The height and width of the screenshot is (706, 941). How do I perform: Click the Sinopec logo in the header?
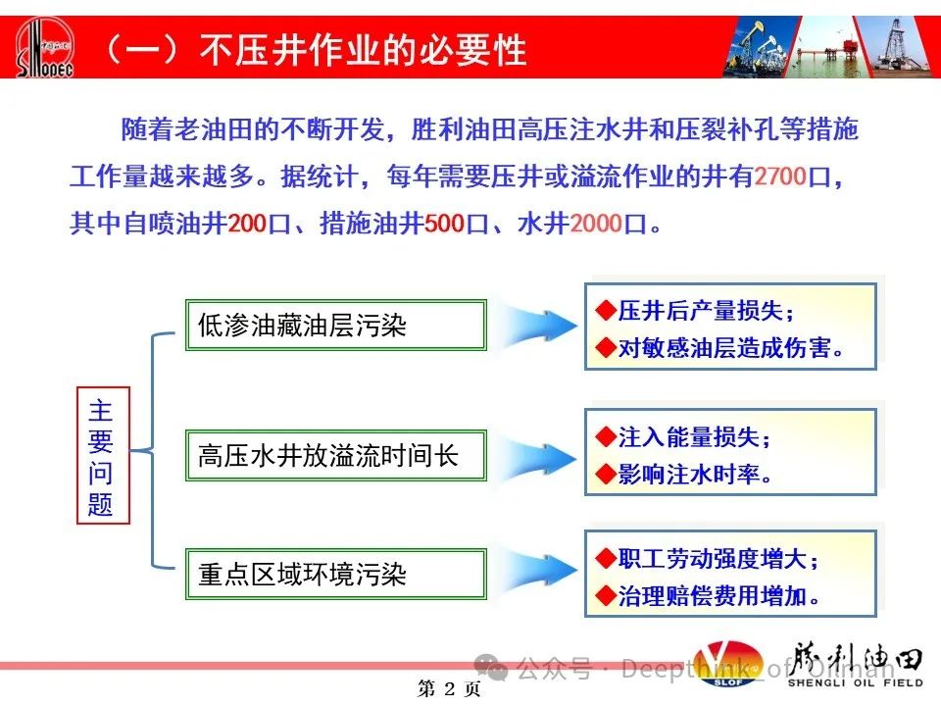pyautogui.click(x=44, y=47)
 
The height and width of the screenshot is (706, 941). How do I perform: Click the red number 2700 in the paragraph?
pyautogui.click(x=779, y=176)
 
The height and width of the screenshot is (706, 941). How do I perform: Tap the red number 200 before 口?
pyautogui.click(x=247, y=224)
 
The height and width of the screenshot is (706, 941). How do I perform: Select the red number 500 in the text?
pyautogui.click(x=445, y=224)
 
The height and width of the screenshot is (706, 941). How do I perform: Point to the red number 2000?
pyautogui.click(x=596, y=224)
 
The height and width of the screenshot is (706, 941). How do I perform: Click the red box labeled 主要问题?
pyautogui.click(x=103, y=456)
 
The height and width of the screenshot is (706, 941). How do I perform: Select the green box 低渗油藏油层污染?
pyautogui.click(x=335, y=325)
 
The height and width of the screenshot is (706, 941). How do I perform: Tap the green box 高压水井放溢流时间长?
pyautogui.click(x=335, y=456)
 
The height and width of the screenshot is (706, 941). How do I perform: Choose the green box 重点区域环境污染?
pyautogui.click(x=335, y=574)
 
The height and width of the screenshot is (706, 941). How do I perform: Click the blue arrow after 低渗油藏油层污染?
pyautogui.click(x=536, y=326)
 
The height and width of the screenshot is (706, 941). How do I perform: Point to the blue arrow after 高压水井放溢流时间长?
pyautogui.click(x=536, y=458)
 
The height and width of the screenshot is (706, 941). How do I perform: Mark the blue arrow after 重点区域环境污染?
pyautogui.click(x=536, y=571)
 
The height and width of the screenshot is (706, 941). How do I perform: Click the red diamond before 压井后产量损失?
pyautogui.click(x=606, y=311)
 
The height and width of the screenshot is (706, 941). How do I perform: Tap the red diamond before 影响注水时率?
pyautogui.click(x=606, y=475)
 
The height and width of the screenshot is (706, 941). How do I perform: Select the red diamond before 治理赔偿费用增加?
pyautogui.click(x=606, y=596)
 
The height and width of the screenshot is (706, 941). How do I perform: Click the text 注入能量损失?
pyautogui.click(x=689, y=437)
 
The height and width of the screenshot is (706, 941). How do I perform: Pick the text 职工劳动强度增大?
pyautogui.click(x=713, y=559)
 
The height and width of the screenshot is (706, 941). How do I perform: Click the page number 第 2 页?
pyautogui.click(x=449, y=688)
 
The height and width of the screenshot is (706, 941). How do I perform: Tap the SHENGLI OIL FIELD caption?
pyautogui.click(x=855, y=682)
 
